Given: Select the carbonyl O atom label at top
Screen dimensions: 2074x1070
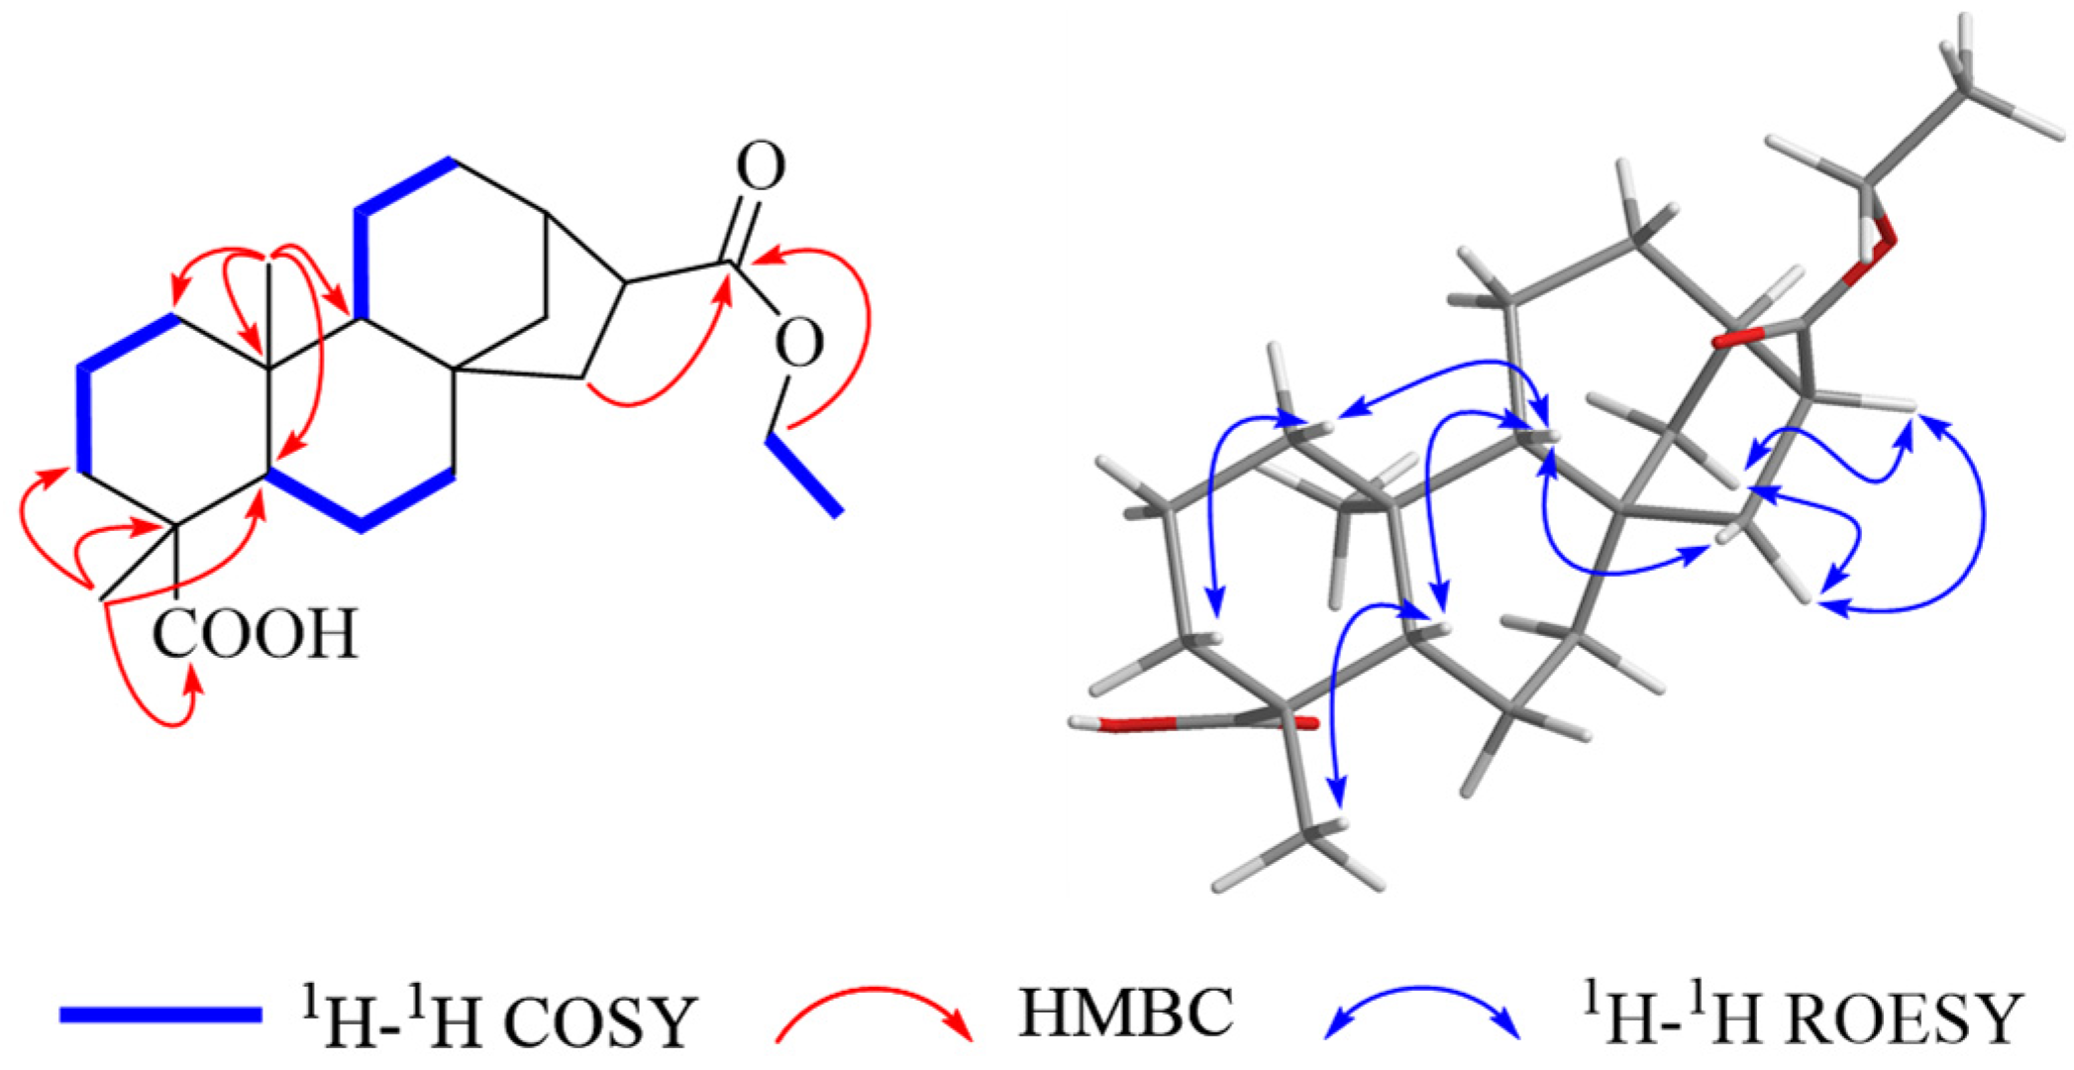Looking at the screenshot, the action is (761, 167).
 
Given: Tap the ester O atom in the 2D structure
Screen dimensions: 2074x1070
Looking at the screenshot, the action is (798, 343).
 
